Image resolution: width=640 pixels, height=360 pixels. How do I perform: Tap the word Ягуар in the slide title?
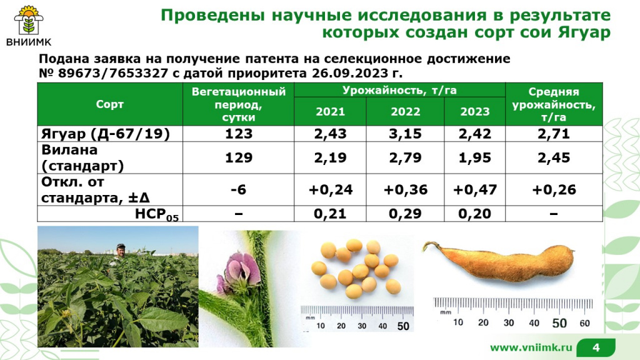(584, 32)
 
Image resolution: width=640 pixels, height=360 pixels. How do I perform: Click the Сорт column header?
(109, 104)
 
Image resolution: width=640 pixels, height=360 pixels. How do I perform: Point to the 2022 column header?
(405, 112)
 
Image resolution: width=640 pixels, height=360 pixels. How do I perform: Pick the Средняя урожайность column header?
(554, 104)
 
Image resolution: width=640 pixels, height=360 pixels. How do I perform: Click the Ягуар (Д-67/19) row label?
(105, 134)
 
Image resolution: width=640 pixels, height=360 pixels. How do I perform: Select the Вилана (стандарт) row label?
(82, 158)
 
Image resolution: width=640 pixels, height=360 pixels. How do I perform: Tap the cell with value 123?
(239, 134)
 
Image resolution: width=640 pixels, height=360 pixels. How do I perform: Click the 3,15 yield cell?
(405, 134)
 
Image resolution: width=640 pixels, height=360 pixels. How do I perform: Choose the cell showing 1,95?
(475, 158)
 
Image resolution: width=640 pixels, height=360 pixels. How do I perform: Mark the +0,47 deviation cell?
(475, 190)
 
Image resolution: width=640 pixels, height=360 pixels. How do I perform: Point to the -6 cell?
(238, 190)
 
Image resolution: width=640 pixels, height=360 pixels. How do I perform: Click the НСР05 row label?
(157, 214)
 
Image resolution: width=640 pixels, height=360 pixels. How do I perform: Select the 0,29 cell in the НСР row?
(405, 214)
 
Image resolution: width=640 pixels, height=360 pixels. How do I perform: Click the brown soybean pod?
(500, 262)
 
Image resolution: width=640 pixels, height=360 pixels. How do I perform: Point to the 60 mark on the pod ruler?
(584, 324)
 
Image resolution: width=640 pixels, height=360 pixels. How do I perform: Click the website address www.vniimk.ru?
(531, 347)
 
